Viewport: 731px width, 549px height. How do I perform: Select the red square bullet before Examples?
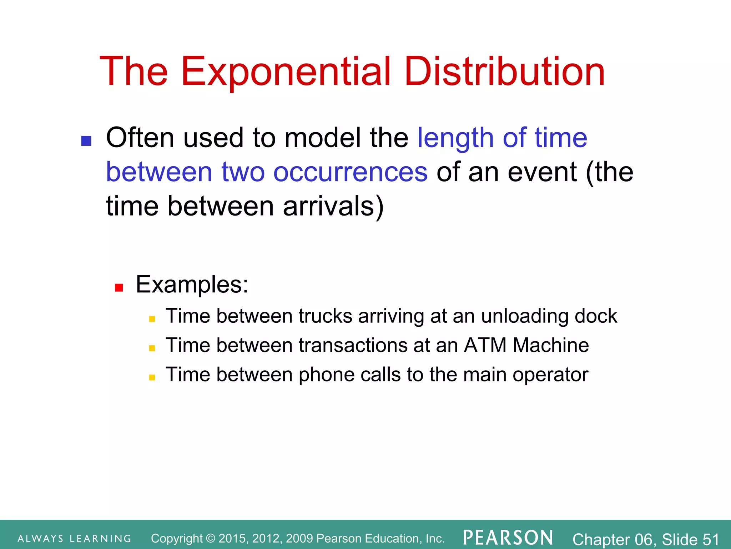tap(119, 288)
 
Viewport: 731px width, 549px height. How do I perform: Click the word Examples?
tap(192, 285)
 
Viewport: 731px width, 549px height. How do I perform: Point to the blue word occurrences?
tap(350, 172)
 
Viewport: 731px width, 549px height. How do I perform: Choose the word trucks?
tap(326, 316)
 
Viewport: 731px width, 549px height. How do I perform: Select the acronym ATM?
tap(485, 346)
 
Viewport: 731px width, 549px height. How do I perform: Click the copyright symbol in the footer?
tap(211, 538)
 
